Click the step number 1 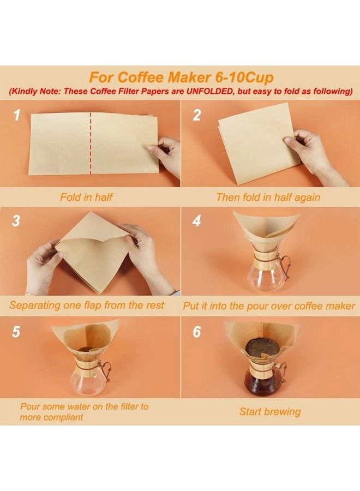point(17,115)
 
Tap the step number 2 point(197,115)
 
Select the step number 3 point(16,220)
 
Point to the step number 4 point(197,220)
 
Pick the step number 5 point(16,332)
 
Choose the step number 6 point(197,332)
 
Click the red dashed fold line point(91,144)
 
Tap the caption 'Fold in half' point(86,197)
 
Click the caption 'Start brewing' point(269,411)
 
